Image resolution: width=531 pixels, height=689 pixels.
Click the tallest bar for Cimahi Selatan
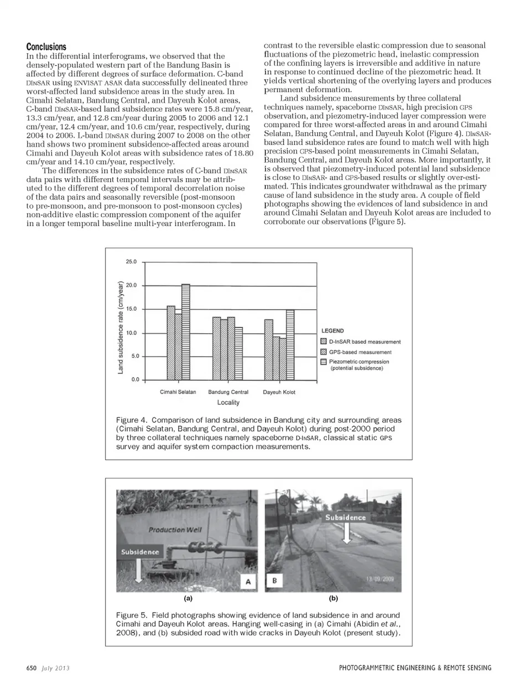(x=186, y=331)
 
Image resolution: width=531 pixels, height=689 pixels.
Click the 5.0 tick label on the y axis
(x=133, y=356)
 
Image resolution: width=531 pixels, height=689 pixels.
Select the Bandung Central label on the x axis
(x=228, y=392)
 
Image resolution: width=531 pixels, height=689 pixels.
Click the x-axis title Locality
(x=228, y=402)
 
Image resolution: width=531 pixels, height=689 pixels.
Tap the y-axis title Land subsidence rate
(x=121, y=328)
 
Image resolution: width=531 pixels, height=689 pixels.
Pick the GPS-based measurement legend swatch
(x=325, y=352)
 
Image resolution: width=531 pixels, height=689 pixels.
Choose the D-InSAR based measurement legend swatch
(x=325, y=342)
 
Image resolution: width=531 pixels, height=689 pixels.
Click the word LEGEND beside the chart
(x=332, y=331)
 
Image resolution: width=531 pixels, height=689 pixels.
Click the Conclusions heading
(x=46, y=47)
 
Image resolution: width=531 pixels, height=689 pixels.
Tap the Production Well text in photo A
(x=175, y=530)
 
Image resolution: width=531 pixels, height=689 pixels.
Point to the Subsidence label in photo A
(x=140, y=552)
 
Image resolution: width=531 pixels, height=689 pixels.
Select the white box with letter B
(x=274, y=581)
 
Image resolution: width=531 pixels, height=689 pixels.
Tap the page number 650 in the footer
(x=32, y=668)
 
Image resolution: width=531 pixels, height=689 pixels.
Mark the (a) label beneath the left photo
(x=188, y=598)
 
